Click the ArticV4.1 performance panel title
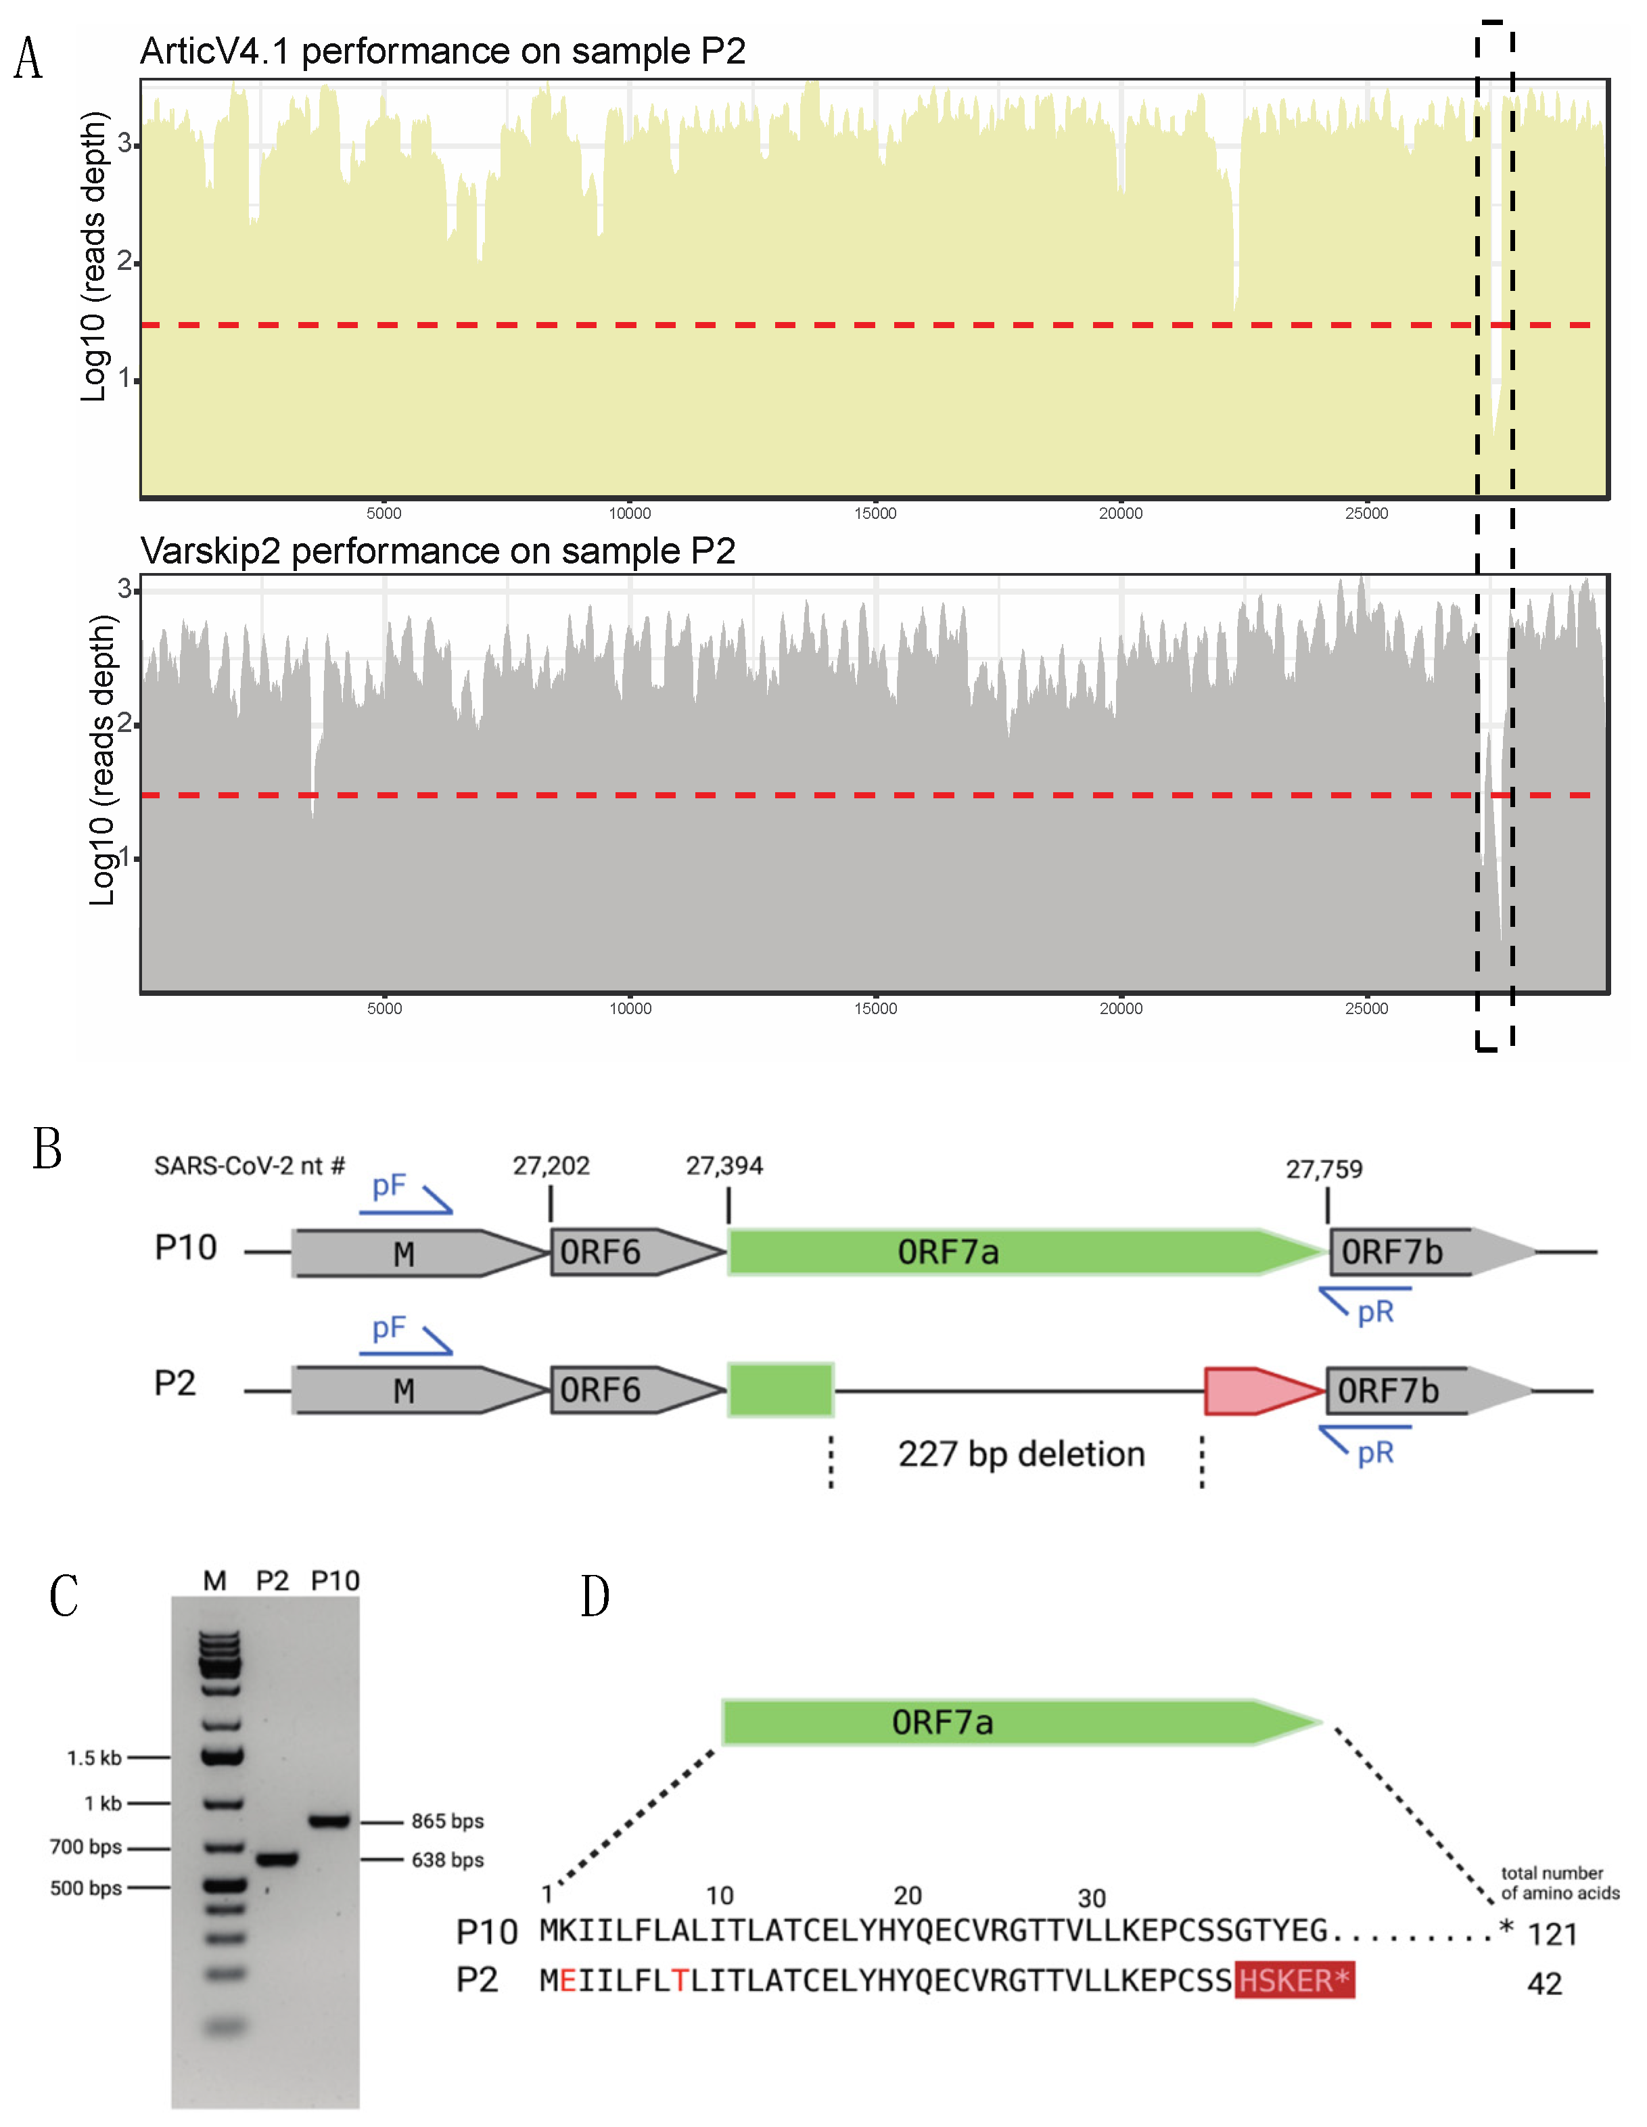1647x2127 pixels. click(x=442, y=51)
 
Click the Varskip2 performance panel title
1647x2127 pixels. click(x=438, y=551)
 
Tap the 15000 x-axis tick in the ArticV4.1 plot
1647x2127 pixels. click(x=875, y=513)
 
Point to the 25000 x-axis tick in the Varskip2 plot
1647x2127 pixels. click(x=1366, y=1008)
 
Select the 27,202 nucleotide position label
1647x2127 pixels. click(x=551, y=1166)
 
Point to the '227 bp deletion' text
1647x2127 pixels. click(x=1021, y=1454)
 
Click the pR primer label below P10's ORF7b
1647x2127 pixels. click(x=1375, y=1312)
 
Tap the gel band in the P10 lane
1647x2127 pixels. click(x=330, y=1821)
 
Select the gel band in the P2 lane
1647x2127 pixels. click(x=277, y=1859)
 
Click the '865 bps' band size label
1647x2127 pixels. click(x=447, y=1821)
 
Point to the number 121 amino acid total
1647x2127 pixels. click(x=1552, y=1934)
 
